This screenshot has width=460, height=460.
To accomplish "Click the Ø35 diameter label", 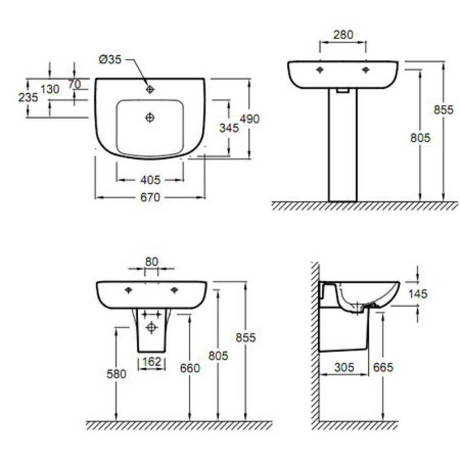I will pos(110,59).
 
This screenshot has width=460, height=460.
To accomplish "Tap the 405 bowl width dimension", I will pos(150,179).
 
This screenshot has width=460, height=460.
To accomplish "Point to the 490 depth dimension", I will pos(250,119).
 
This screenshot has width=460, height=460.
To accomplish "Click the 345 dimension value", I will pos(229,128).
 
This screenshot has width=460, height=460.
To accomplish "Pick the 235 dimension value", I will pos(28,97).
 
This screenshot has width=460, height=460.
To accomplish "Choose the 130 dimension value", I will pos(50,89).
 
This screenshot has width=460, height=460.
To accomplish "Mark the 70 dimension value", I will pos(75,84).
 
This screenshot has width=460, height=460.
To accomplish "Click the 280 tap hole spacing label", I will pos(343,34).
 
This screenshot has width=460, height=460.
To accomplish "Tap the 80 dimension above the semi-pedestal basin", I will pos(151,261).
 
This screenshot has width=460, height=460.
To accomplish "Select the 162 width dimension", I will pos(152,362).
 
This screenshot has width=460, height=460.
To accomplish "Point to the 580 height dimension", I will pos(116,374).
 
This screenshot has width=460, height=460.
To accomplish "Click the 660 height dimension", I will pos(190,368).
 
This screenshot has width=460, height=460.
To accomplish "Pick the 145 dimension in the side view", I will pos(417,293).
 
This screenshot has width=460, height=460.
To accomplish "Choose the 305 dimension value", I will pos(344,367).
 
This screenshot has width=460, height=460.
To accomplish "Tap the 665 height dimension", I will pos(384,367).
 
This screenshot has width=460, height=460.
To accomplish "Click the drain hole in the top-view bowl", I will pos(149,118).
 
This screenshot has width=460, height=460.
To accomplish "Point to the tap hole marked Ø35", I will pos(149,89).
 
